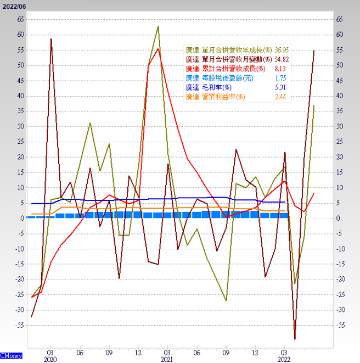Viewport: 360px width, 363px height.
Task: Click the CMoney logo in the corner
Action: pyautogui.click(x=12, y=355)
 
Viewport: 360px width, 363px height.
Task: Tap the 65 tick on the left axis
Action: pyautogui.click(x=20, y=19)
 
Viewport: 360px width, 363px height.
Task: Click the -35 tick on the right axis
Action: pyautogui.click(x=339, y=325)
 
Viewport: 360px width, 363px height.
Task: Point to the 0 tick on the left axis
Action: pyautogui.click(x=22, y=218)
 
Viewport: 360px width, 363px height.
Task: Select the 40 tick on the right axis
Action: pyautogui.click(x=339, y=96)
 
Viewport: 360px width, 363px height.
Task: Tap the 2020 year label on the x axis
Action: pyautogui.click(x=50, y=359)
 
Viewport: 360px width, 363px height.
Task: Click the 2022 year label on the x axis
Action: pyautogui.click(x=284, y=359)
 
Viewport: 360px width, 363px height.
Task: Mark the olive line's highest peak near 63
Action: pyautogui.click(x=158, y=26)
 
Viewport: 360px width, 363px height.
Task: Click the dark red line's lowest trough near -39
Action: pyautogui.click(x=295, y=339)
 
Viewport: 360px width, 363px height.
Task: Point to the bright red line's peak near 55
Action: pyautogui.click(x=158, y=49)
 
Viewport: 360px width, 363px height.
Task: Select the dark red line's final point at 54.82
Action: pyautogui.click(x=314, y=51)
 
